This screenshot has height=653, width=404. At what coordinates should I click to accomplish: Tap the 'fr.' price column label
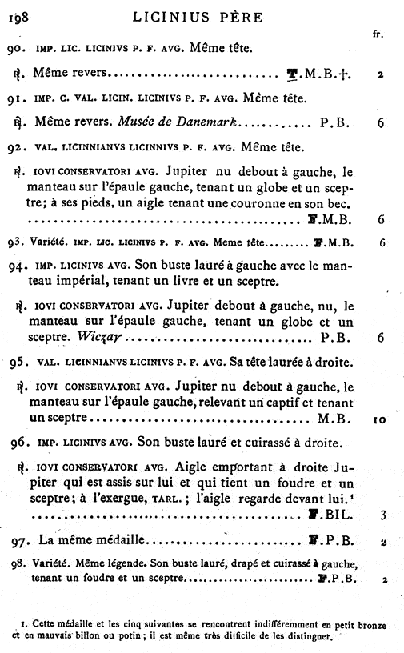(x=378, y=34)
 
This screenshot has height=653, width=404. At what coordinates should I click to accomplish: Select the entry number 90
(x=14, y=49)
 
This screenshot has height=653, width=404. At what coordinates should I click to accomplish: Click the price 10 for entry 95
(x=380, y=418)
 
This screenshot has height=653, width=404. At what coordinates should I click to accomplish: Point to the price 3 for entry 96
(x=382, y=515)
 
